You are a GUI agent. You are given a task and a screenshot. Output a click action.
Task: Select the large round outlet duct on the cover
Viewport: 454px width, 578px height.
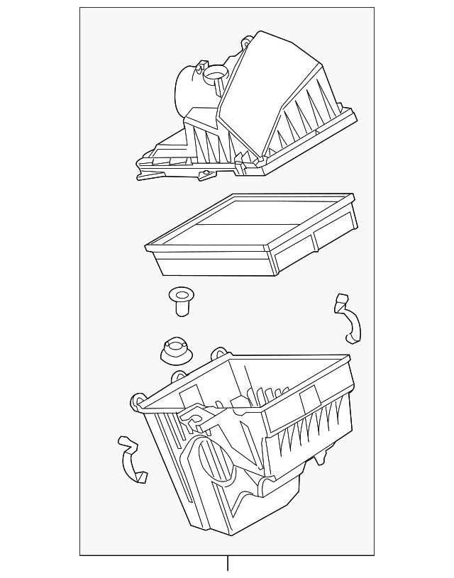187,89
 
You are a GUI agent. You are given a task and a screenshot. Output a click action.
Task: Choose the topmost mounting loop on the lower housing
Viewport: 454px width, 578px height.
220,352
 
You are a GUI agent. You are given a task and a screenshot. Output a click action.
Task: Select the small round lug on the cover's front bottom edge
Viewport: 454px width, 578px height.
206,174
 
